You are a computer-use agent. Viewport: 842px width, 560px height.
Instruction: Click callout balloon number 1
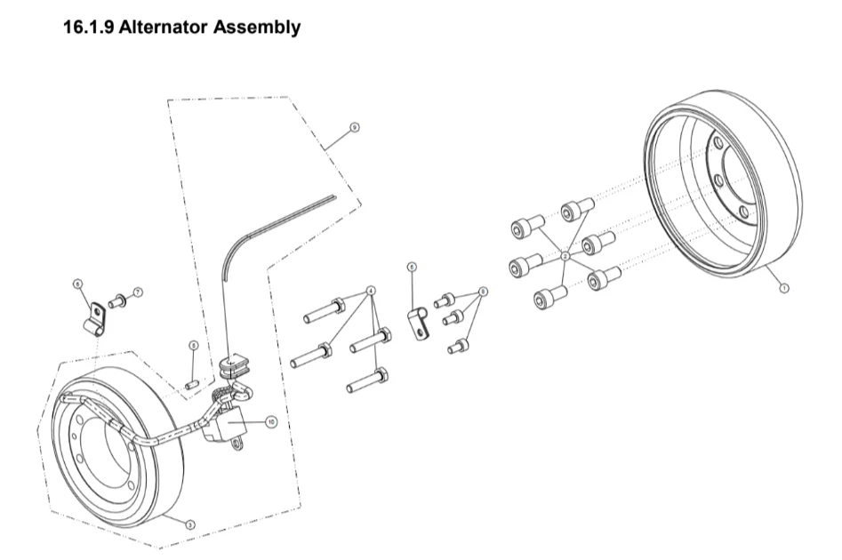(x=783, y=287)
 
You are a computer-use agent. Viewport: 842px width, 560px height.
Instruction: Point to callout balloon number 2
(x=565, y=256)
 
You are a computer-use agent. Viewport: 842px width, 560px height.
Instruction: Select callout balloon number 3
(x=189, y=524)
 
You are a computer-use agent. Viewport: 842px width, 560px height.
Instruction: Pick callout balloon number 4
(x=371, y=291)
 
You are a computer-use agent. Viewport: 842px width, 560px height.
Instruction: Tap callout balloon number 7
(x=139, y=292)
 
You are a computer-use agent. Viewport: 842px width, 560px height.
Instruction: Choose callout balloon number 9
(x=354, y=128)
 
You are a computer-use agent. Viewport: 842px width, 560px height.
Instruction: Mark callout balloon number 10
(x=271, y=421)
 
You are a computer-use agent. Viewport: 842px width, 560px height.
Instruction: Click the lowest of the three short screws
(x=458, y=346)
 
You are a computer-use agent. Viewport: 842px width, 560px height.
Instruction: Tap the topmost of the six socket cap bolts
(x=576, y=210)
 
